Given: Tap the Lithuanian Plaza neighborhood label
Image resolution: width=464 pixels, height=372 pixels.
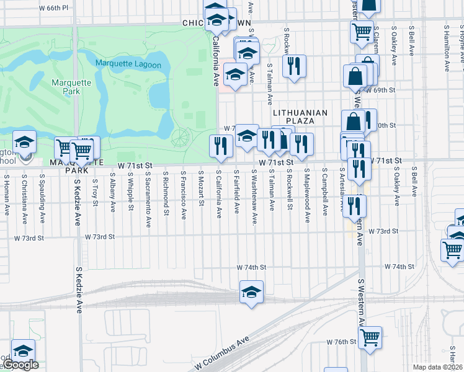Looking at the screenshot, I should [300, 117].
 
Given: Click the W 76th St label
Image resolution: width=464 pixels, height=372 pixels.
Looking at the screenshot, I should [342, 342].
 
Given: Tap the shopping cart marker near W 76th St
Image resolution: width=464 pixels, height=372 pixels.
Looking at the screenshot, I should [370, 337].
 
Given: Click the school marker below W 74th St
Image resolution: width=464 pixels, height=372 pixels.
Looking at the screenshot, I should [251, 292].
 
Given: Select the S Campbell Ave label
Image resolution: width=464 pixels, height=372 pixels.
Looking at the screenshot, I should [324, 195].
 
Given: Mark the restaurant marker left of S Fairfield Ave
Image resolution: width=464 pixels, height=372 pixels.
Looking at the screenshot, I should [221, 146].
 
